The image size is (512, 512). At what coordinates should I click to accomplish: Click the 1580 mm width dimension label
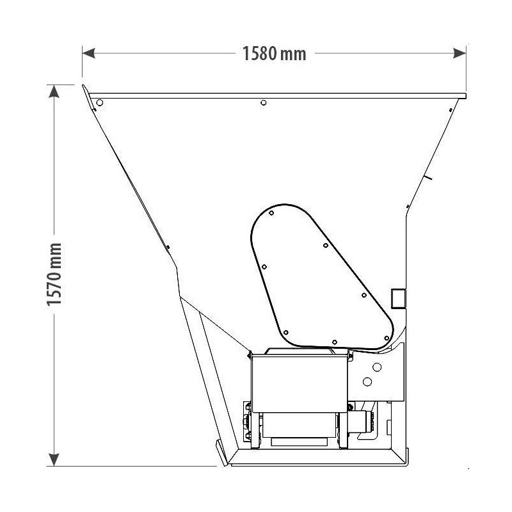pos(274,54)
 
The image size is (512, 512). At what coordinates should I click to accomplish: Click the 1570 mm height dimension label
pos(54,274)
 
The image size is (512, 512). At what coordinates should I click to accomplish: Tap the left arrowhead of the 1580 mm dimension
pos(88,53)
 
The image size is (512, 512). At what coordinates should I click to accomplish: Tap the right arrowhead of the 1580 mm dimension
pos(460,53)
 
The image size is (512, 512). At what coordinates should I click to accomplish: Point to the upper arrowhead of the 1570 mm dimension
pos(54,91)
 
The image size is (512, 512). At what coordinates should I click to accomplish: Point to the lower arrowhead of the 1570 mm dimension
pos(54,460)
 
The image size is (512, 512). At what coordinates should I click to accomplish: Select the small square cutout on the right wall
pos(398,298)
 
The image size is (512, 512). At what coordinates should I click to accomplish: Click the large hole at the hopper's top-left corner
pos(100,102)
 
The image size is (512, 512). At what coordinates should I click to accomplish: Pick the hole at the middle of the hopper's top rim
pos(264,102)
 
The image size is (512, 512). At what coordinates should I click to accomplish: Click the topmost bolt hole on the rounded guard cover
pos(271,213)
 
